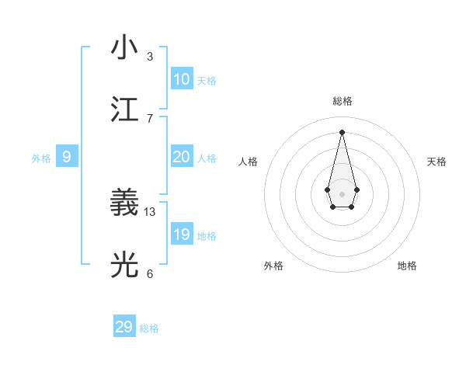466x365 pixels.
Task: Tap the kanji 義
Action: pyautogui.click(x=125, y=203)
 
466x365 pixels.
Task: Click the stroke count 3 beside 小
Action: pyautogui.click(x=150, y=57)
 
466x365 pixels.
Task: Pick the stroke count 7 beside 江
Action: pyautogui.click(x=150, y=118)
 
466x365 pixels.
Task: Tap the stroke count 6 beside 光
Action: pyautogui.click(x=150, y=273)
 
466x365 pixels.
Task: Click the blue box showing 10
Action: pyautogui.click(x=181, y=79)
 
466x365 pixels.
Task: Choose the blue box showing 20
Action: pyautogui.click(x=181, y=157)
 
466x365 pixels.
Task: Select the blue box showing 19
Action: pyautogui.click(x=181, y=235)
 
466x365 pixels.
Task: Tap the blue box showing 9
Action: pyautogui.click(x=67, y=157)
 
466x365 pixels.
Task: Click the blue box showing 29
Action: pyautogui.click(x=124, y=327)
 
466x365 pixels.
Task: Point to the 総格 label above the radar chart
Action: pyautogui.click(x=342, y=101)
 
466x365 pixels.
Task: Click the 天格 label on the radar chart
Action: pyautogui.click(x=436, y=162)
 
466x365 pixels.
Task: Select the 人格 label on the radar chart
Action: pyautogui.click(x=248, y=162)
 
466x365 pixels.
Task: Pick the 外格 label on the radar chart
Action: pyautogui.click(x=273, y=266)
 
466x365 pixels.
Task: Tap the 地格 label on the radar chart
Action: pyautogui.click(x=407, y=266)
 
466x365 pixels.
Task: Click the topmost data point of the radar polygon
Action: pyautogui.click(x=342, y=131)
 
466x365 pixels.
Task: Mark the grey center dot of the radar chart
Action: pyautogui.click(x=342, y=193)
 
